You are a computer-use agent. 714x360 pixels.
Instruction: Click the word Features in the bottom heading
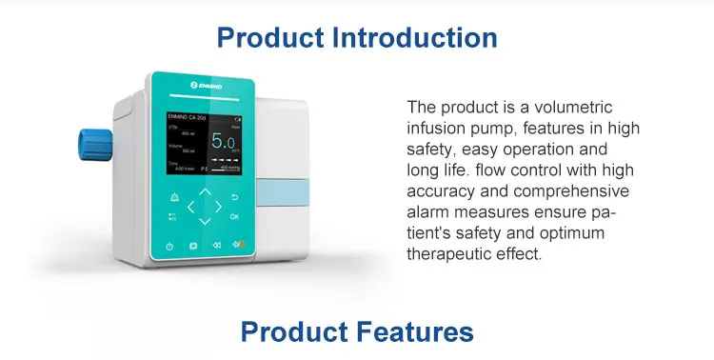click(412, 331)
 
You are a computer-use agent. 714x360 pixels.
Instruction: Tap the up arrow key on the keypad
click(205, 190)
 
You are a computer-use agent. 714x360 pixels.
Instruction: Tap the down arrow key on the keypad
click(204, 222)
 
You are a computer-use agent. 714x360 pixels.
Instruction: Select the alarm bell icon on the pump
click(173, 198)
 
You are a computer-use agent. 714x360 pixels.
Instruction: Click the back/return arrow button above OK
click(234, 198)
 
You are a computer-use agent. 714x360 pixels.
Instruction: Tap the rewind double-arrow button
click(215, 246)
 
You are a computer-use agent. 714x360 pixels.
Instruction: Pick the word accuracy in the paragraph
click(439, 190)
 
